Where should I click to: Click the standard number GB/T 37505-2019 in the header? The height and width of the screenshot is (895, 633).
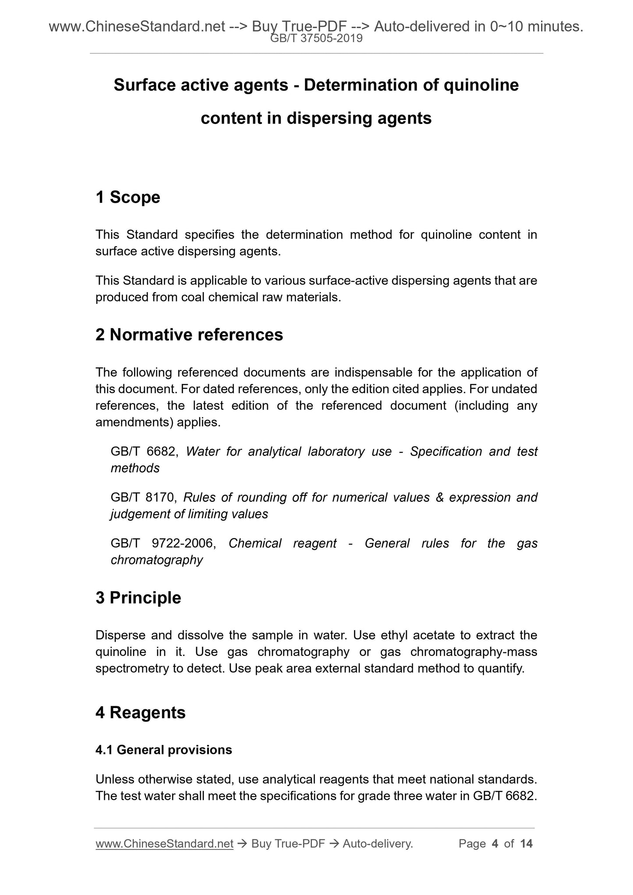(x=316, y=39)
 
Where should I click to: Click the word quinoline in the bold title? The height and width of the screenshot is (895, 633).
(x=481, y=85)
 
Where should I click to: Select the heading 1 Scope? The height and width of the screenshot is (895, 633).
(x=128, y=197)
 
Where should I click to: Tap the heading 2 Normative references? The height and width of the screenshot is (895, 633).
(x=189, y=335)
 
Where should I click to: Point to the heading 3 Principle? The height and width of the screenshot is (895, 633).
(x=138, y=598)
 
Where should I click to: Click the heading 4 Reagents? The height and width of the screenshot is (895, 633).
(x=141, y=712)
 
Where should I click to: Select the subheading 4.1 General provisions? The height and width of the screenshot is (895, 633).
(x=164, y=750)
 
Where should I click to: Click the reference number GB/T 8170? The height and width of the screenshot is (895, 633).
(x=143, y=497)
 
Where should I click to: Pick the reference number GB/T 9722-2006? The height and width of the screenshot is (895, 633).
(x=163, y=543)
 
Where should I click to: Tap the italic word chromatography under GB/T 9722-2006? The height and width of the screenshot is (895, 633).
(x=157, y=560)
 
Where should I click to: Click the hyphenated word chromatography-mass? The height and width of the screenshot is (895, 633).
(x=474, y=652)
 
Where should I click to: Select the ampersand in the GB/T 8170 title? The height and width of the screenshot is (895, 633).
(x=440, y=497)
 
